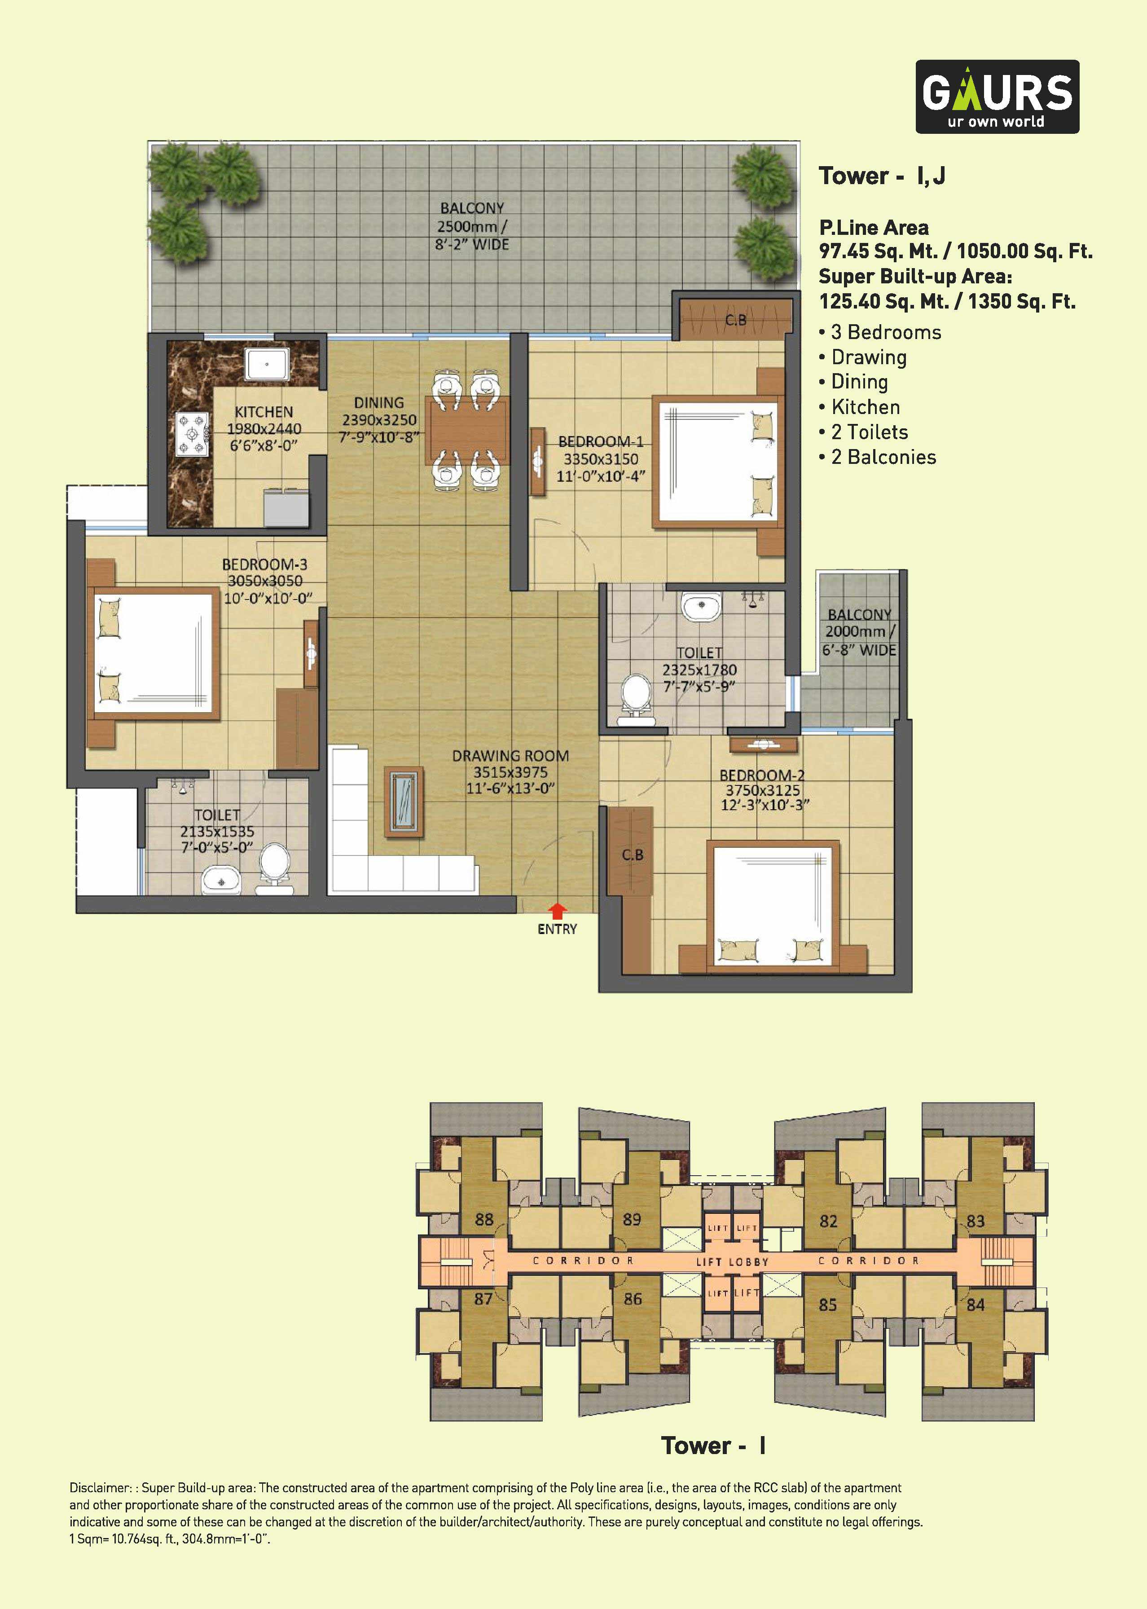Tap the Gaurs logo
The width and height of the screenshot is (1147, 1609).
pos(997,97)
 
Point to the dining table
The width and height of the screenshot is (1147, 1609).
pos(466,429)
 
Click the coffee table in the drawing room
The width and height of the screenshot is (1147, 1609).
pos(403,802)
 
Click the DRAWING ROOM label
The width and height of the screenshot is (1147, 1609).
pos(510,756)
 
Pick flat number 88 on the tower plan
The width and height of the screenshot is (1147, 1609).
pos(484,1219)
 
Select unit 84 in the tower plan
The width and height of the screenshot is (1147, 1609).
pos(976,1304)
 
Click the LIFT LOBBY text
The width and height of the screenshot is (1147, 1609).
pos(732,1261)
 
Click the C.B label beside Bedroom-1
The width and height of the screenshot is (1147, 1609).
pos(735,320)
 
